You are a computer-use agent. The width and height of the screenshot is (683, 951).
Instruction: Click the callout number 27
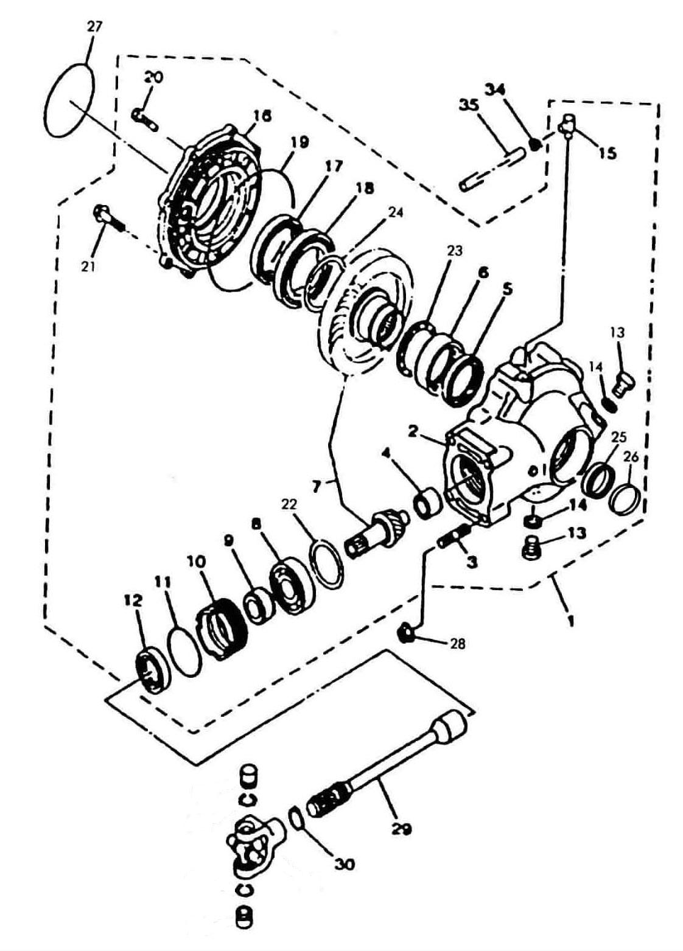(x=94, y=27)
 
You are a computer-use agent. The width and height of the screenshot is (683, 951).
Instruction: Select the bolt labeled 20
(x=144, y=119)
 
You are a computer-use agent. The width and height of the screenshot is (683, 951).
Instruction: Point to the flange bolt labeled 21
(x=108, y=220)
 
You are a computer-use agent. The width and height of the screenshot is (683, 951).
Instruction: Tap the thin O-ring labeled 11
(x=186, y=652)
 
